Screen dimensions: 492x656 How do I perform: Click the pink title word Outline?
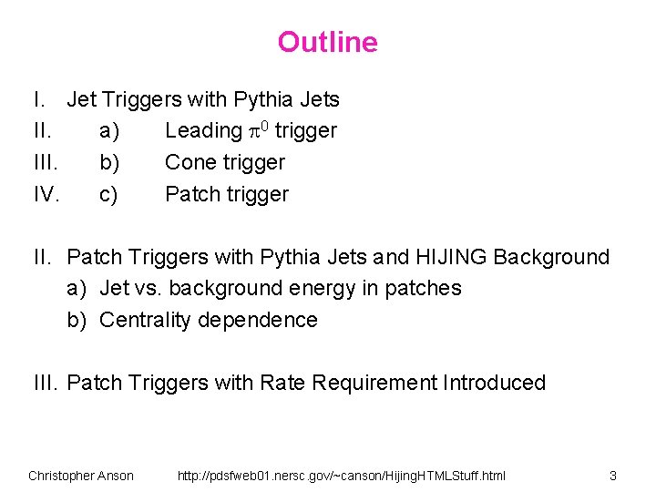coord(327,42)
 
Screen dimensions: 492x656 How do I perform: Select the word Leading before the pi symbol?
coord(203,131)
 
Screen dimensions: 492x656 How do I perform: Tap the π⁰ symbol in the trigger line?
coord(258,130)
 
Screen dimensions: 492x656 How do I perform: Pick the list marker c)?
coord(108,194)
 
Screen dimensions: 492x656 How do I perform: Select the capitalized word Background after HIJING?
coord(551,257)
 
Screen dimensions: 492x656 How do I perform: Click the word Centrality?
coord(144,320)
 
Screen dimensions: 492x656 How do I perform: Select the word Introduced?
coord(494,383)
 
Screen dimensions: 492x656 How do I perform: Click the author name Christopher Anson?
coord(81,476)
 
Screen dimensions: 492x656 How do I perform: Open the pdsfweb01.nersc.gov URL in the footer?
coord(342,476)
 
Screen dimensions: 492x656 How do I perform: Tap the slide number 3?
coord(613,476)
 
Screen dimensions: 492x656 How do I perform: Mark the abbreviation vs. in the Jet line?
coord(147,289)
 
